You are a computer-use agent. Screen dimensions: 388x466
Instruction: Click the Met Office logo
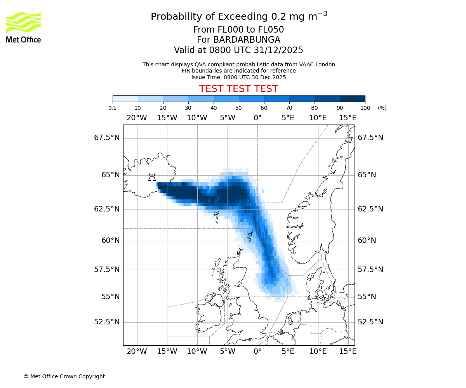pyautogui.click(x=23, y=27)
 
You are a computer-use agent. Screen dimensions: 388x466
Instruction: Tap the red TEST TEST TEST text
pyautogui.click(x=238, y=89)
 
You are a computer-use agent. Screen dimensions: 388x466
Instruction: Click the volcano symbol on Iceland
pyautogui.click(x=152, y=178)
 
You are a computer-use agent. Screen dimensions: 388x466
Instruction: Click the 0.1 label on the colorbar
pyautogui.click(x=113, y=108)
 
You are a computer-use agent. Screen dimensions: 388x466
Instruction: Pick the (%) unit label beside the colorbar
pyautogui.click(x=382, y=108)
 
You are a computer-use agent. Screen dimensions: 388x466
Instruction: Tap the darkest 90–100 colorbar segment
pyautogui.click(x=352, y=99)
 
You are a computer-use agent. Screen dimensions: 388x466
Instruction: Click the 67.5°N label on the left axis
pyautogui.click(x=107, y=138)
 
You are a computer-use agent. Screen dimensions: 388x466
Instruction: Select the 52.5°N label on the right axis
pyautogui.click(x=370, y=322)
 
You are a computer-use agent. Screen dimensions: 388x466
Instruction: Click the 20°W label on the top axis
pyautogui.click(x=137, y=118)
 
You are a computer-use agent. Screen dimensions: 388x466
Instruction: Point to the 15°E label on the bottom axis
pyautogui.click(x=348, y=352)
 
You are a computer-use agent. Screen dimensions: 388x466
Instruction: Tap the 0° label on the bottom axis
pyautogui.click(x=257, y=352)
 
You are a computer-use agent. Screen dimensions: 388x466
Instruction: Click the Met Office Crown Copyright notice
pyautogui.click(x=64, y=376)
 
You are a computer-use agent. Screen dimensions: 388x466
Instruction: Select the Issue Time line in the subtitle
pyautogui.click(x=238, y=77)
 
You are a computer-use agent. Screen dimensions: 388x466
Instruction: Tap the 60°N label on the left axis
pyautogui.click(x=110, y=241)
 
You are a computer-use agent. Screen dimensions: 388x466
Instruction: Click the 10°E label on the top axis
pyautogui.click(x=318, y=118)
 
